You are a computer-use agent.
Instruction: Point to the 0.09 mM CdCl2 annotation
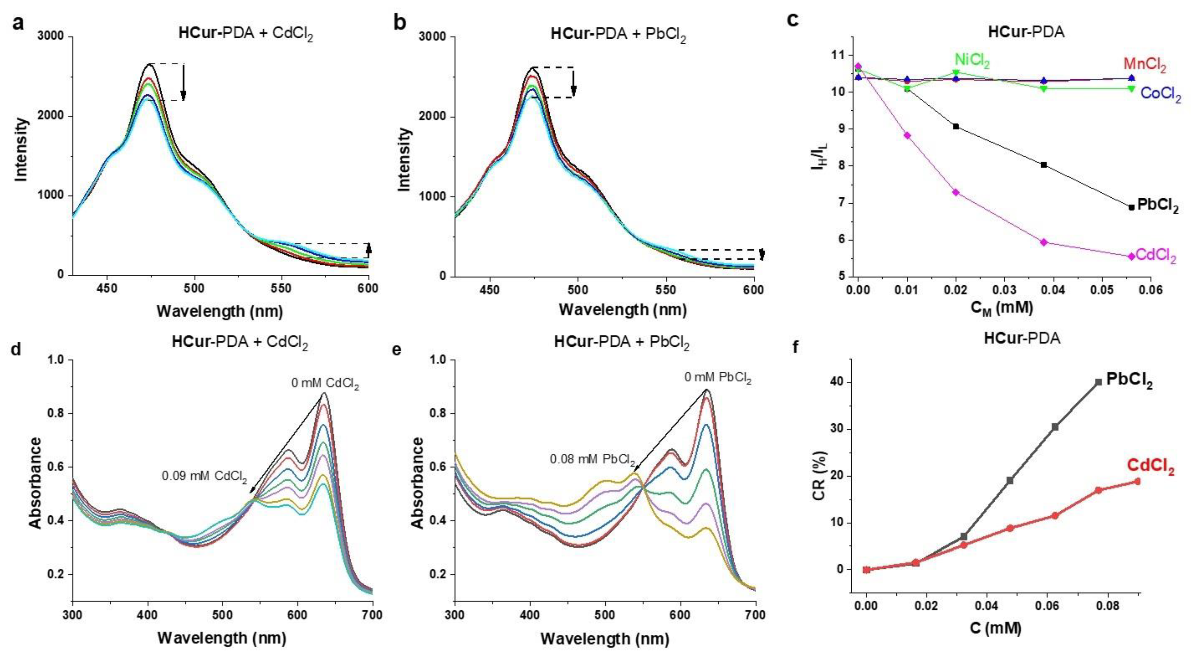(x=204, y=476)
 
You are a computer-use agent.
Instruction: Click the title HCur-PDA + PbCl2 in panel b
(x=618, y=35)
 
